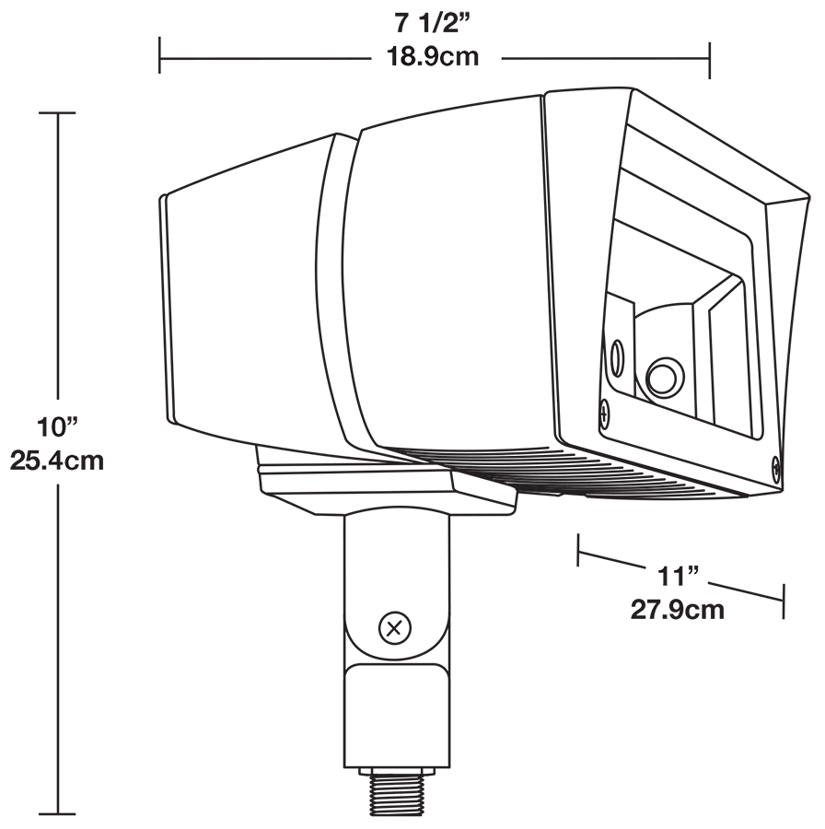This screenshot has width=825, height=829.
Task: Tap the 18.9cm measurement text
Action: tap(432, 57)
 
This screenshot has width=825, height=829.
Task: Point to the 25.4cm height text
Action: tap(57, 460)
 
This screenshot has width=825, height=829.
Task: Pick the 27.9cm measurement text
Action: tap(678, 609)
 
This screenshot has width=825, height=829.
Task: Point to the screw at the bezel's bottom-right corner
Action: tap(776, 468)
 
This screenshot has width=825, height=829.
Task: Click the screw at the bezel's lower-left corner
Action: tap(604, 412)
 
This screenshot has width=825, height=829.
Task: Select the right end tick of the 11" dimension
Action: tap(783, 601)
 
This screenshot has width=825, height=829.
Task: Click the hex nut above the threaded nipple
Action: tap(395, 770)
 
